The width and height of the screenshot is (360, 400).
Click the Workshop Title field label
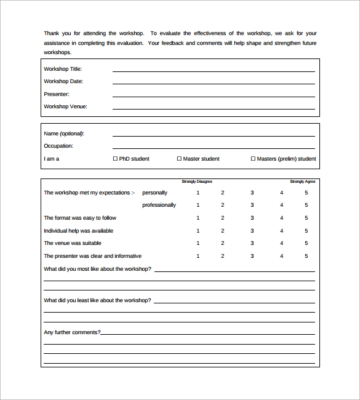coord(63,69)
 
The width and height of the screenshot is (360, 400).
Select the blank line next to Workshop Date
coord(214,83)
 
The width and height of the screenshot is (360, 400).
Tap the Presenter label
coord(57,94)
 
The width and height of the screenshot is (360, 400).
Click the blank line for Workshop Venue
coord(214,108)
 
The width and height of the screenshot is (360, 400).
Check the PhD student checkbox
coord(115,159)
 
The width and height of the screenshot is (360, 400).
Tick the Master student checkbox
coord(179,159)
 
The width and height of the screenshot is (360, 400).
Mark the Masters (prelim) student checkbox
coord(253,159)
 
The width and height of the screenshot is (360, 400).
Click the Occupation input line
coord(214,148)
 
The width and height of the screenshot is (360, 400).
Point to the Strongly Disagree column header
coord(197,182)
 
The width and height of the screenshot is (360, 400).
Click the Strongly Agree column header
coord(303,182)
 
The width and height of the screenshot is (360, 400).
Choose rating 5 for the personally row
coord(306,193)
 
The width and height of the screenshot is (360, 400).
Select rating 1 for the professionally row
coord(198,205)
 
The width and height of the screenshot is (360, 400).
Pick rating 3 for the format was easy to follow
coord(252,218)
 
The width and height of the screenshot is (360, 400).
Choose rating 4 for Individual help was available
coord(282,231)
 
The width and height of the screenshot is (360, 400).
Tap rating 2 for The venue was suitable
coord(223,243)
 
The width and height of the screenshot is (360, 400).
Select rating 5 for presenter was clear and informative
coord(306,256)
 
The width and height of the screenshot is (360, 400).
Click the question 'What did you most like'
coord(97,269)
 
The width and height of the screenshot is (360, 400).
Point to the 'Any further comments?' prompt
coord(72,332)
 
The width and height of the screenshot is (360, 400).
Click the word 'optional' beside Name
coord(71,134)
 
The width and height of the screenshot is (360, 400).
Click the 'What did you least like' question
coord(97,300)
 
